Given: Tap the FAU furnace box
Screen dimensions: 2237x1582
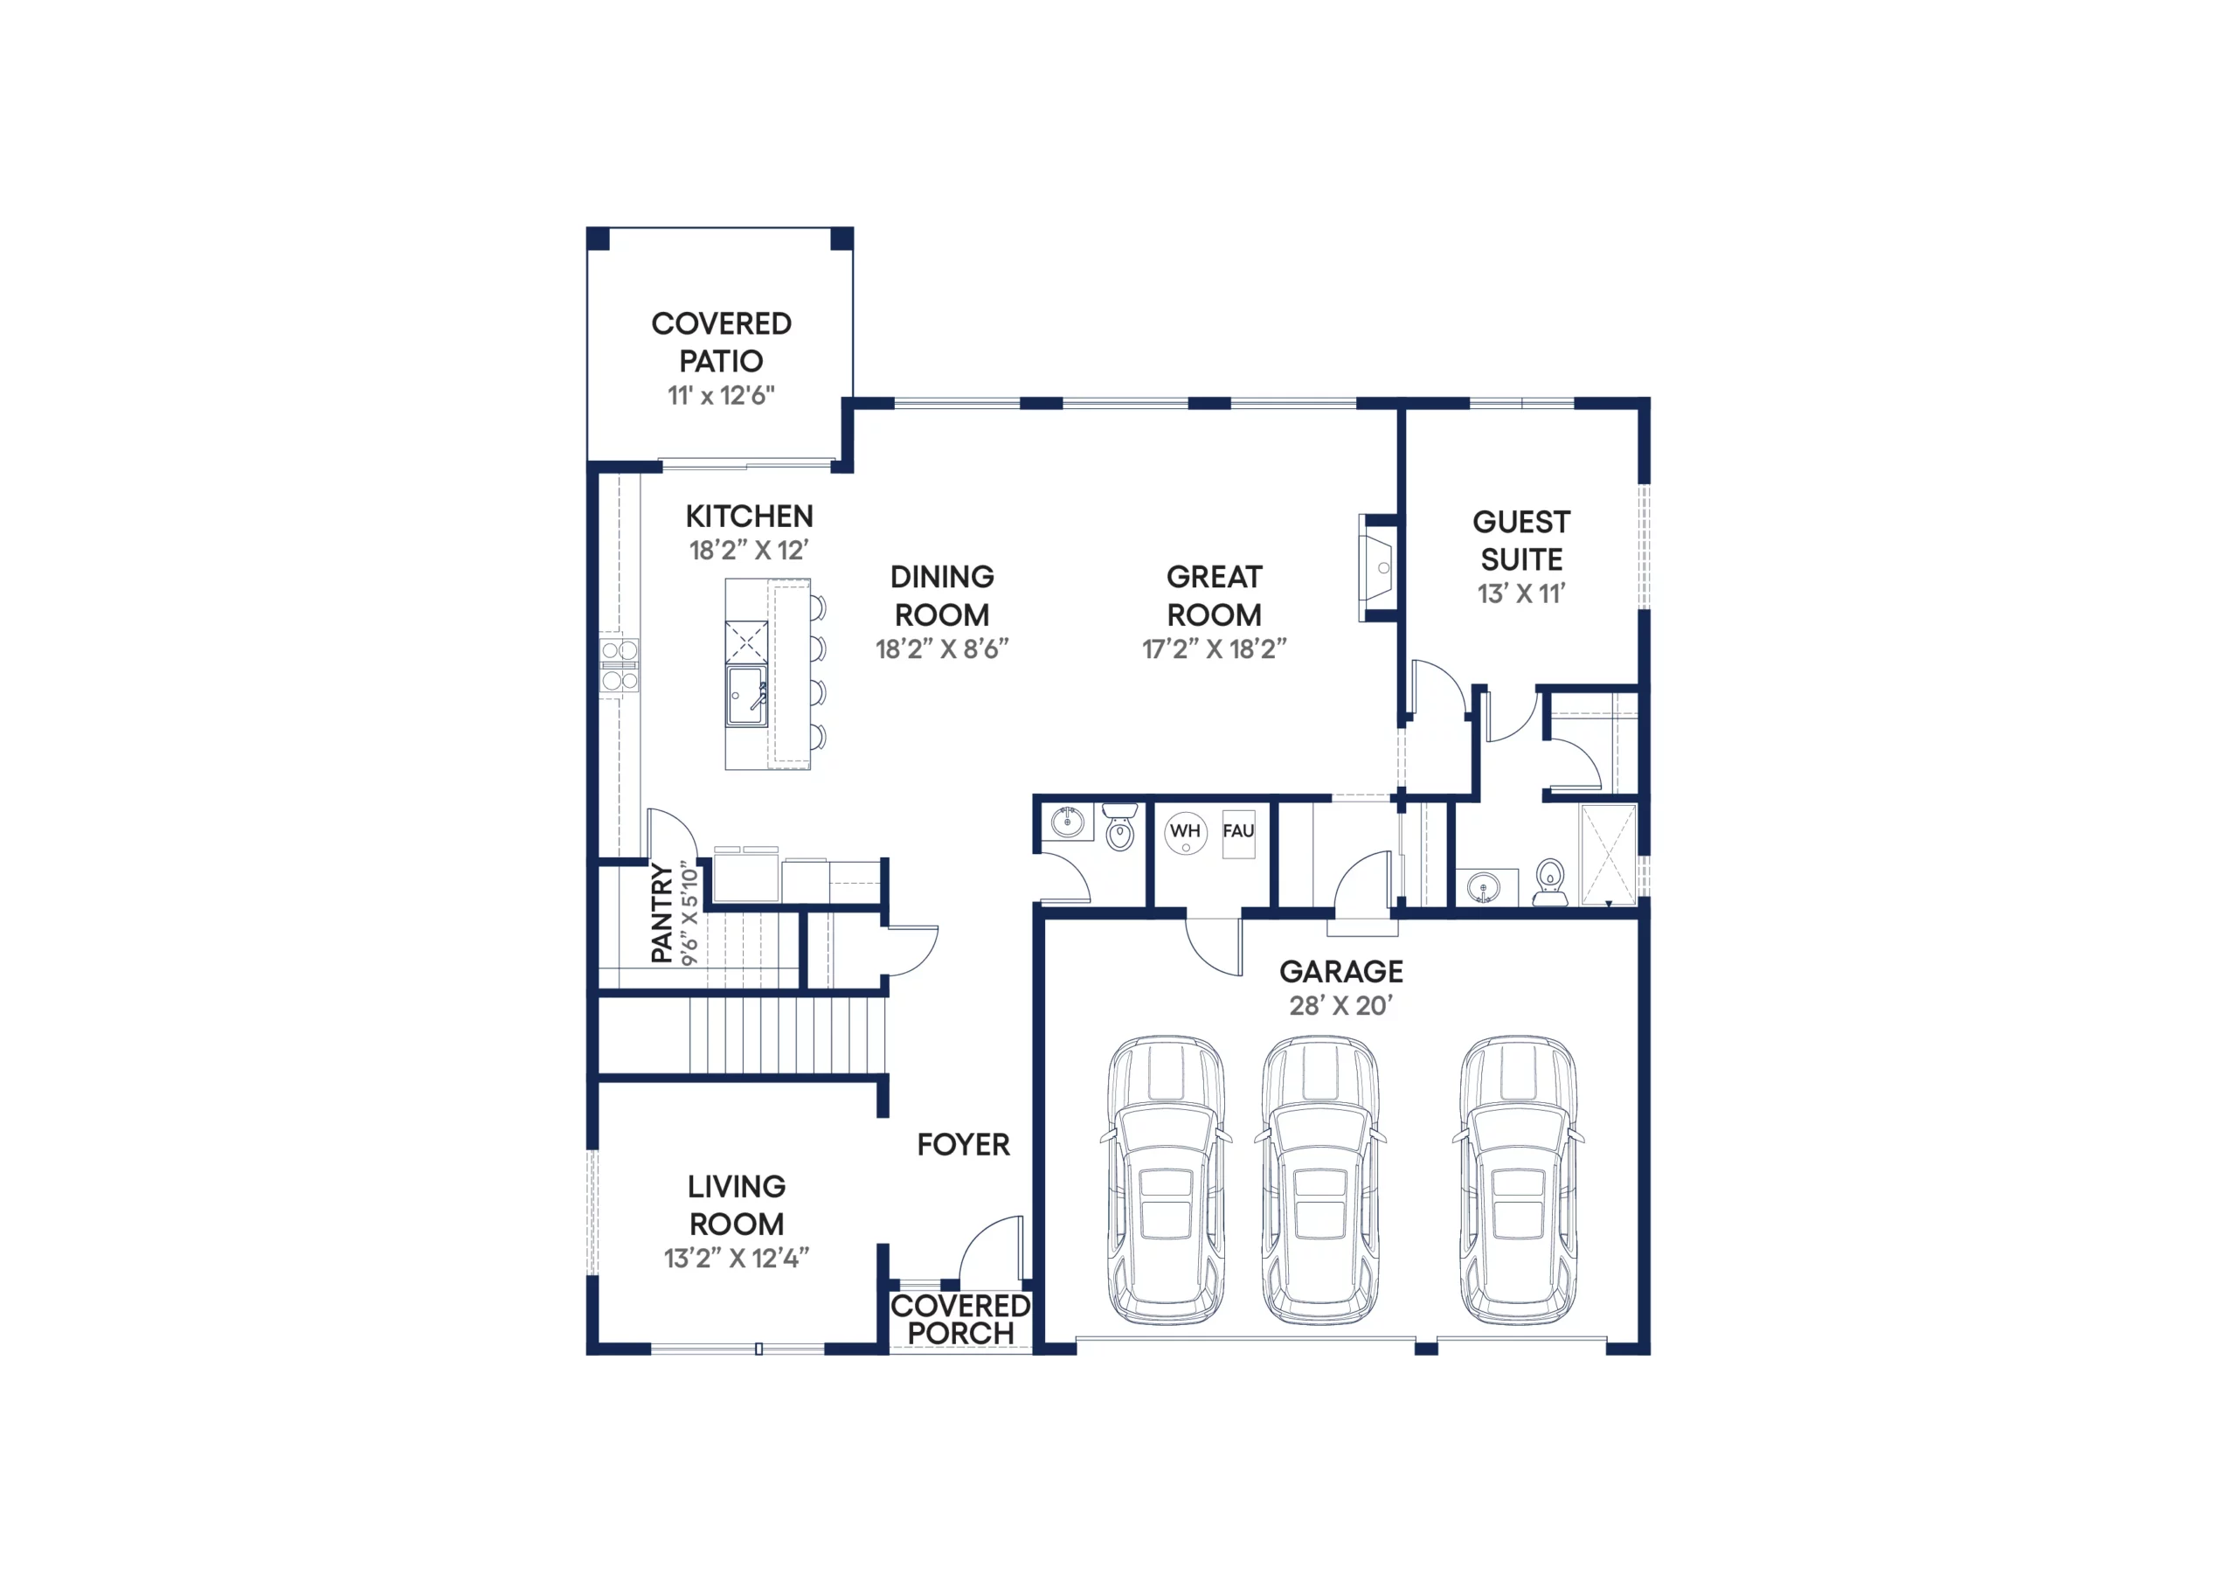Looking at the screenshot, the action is pyautogui.click(x=1238, y=834).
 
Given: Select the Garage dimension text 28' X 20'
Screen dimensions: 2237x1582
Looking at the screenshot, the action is pyautogui.click(x=1340, y=1005).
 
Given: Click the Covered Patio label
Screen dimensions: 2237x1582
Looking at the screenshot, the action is pyautogui.click(x=721, y=342).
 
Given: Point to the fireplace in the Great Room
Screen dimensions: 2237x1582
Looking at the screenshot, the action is pyautogui.click(x=1379, y=567).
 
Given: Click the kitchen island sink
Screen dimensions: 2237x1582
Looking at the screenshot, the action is pyautogui.click(x=746, y=696).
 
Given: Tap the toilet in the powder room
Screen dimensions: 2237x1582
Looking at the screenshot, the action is pyautogui.click(x=1120, y=827).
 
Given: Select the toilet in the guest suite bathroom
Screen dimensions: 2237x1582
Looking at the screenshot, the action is pyautogui.click(x=1549, y=882).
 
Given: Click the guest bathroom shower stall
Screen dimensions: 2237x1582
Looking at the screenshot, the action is pyautogui.click(x=1608, y=855).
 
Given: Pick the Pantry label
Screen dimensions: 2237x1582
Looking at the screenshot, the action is pyautogui.click(x=661, y=913).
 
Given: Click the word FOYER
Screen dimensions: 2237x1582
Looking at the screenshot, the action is pyautogui.click(x=963, y=1144).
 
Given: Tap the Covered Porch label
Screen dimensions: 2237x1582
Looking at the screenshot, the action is pyautogui.click(x=960, y=1319).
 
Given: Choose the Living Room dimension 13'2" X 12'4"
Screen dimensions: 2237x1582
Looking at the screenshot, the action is pyautogui.click(x=737, y=1259).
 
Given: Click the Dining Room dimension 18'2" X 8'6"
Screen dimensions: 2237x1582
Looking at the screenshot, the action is pyautogui.click(x=942, y=649).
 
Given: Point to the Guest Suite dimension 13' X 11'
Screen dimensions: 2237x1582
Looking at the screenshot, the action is pyautogui.click(x=1520, y=593).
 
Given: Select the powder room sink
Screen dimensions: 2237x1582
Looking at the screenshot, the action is pyautogui.click(x=1068, y=822).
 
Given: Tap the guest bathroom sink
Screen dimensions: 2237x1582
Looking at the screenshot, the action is pyautogui.click(x=1483, y=888).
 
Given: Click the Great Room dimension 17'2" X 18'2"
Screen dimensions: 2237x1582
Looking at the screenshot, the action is pyautogui.click(x=1214, y=649).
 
